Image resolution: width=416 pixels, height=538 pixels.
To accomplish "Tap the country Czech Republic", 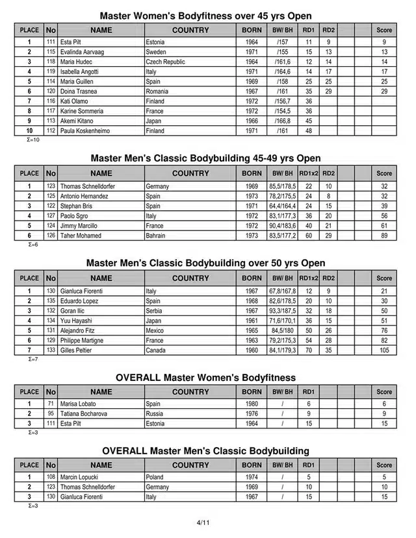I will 166,62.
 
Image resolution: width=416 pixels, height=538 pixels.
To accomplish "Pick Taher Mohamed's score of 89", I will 384,236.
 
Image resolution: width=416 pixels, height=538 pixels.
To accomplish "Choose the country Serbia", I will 155,311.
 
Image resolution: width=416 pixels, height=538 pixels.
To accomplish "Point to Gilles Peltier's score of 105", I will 384,350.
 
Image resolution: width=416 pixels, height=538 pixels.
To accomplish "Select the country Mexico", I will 155,330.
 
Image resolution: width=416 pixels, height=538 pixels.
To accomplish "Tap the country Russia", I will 155,414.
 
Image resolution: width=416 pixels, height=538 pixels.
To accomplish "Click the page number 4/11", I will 203,521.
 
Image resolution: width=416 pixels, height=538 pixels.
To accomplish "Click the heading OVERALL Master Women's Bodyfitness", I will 205,377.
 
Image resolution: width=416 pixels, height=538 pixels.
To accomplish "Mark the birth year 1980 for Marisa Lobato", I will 252,404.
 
